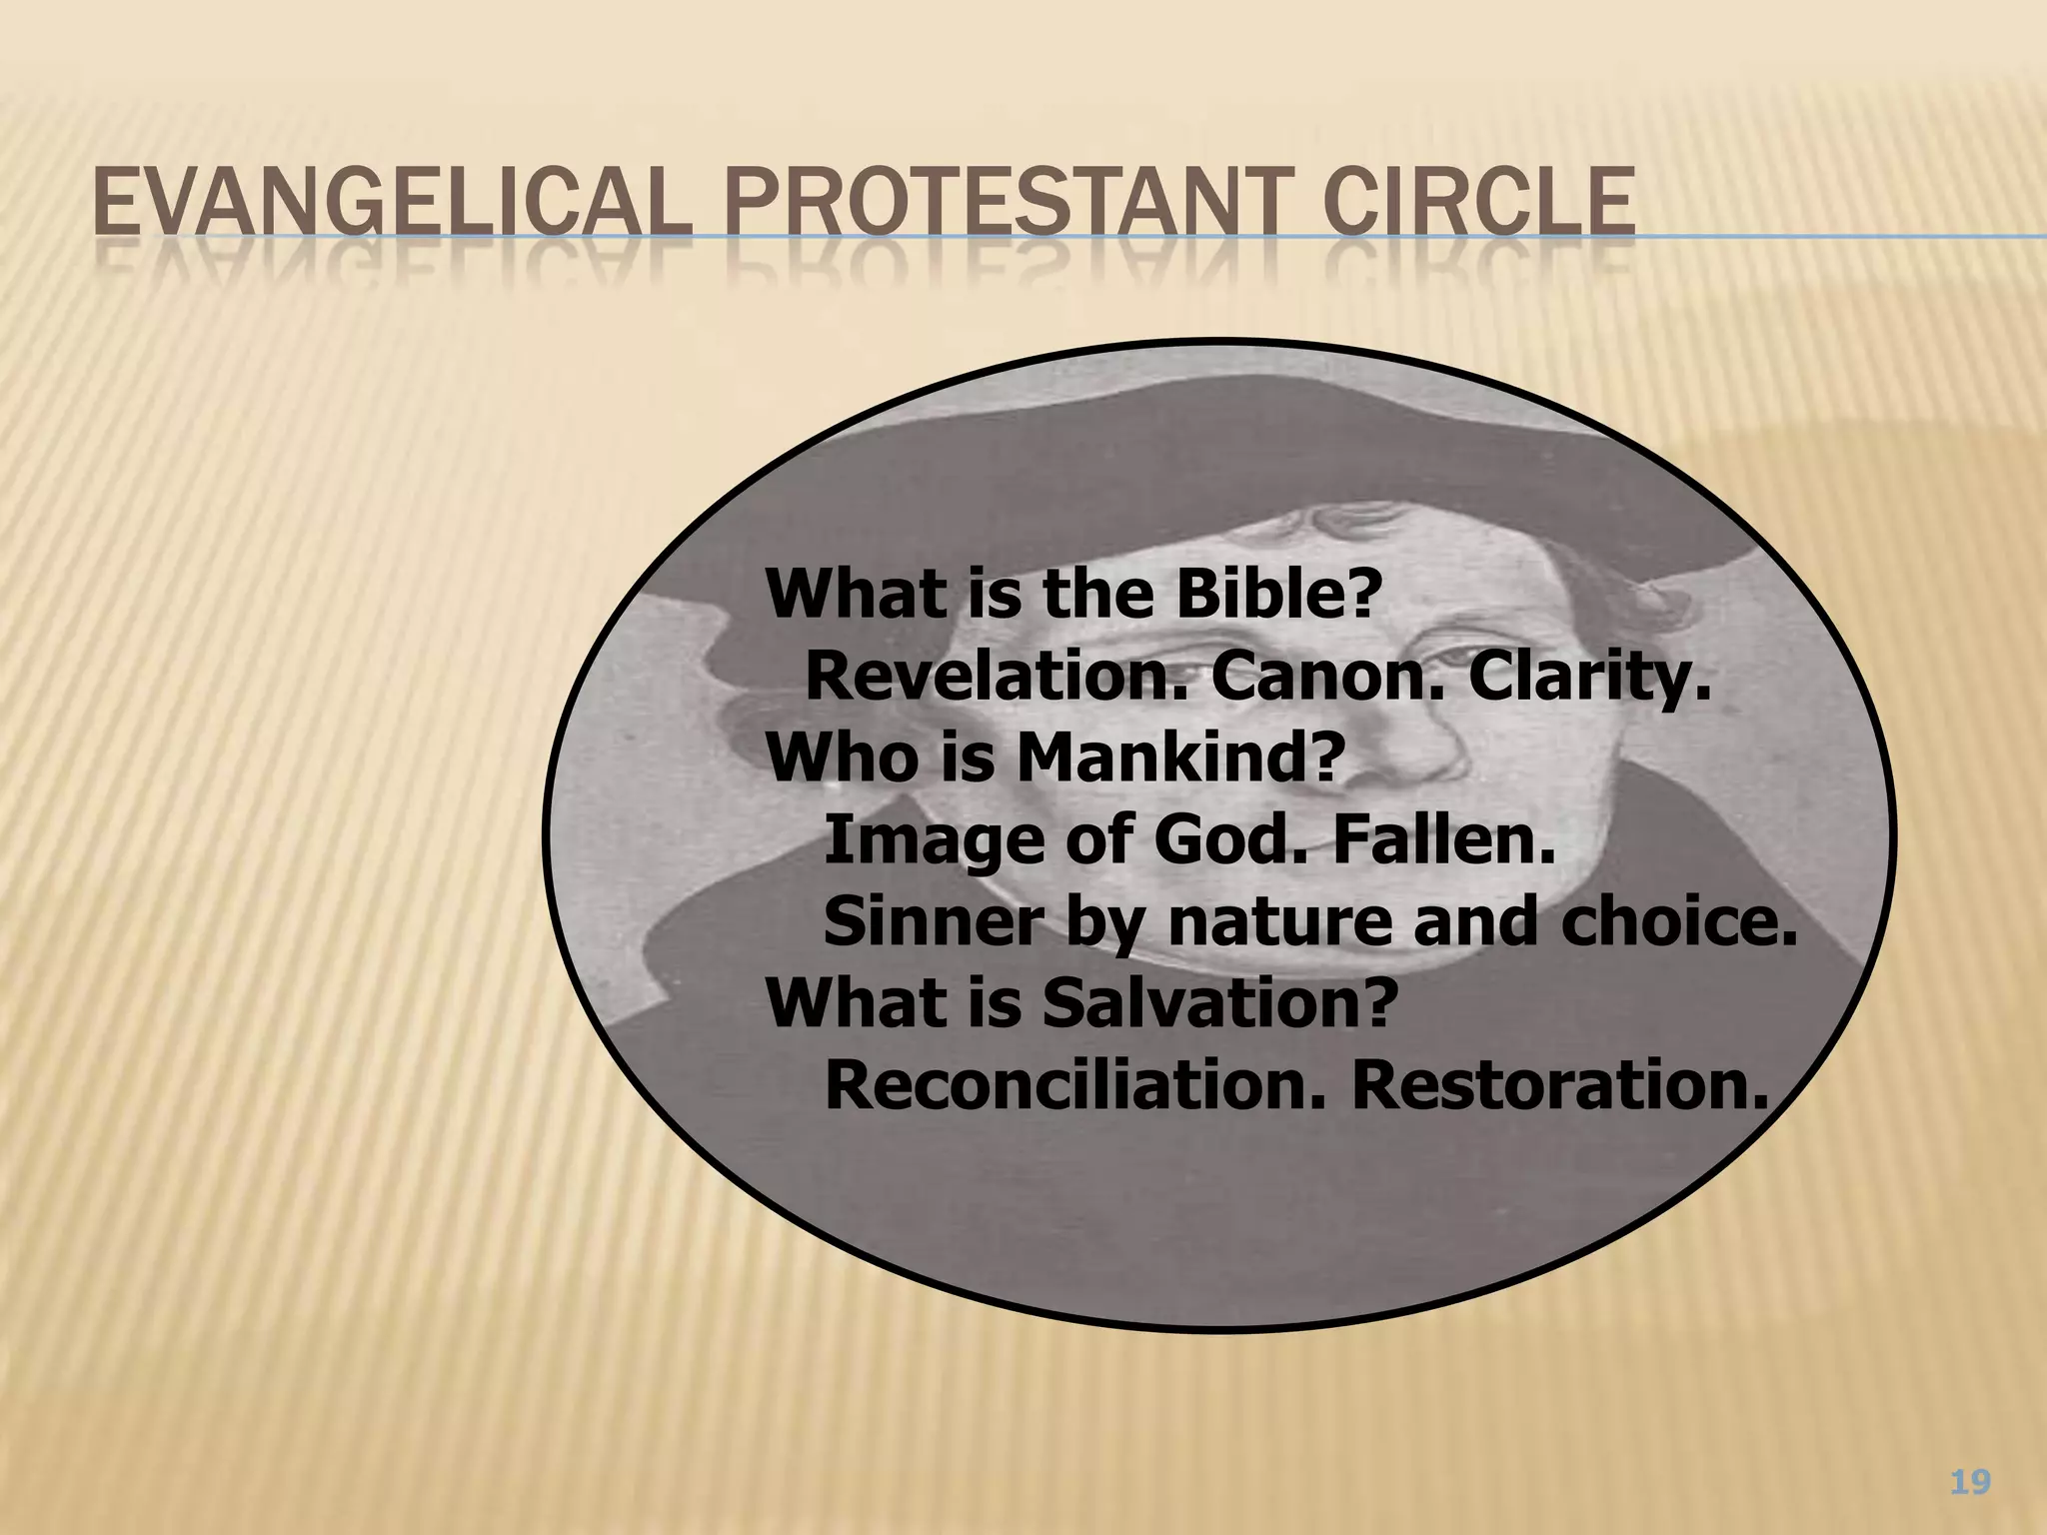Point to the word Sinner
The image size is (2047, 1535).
935,923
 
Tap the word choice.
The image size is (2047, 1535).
1678,923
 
